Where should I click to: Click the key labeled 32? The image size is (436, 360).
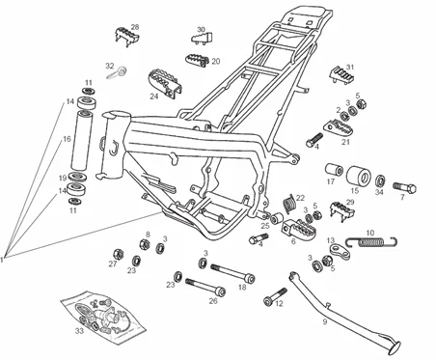click(x=117, y=72)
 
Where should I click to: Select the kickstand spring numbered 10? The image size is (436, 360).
click(x=371, y=241)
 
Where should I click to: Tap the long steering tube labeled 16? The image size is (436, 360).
click(x=81, y=140)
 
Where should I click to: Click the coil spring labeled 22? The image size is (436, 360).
click(x=289, y=204)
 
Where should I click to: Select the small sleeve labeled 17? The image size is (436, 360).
click(x=334, y=170)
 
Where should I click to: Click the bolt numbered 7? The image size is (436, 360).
click(x=404, y=187)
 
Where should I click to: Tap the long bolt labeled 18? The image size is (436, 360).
click(x=232, y=272)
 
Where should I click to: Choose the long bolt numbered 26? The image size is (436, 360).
click(x=205, y=287)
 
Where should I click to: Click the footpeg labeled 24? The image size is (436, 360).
click(x=165, y=83)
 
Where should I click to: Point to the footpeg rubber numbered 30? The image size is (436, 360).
click(x=203, y=38)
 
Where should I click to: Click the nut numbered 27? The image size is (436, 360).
click(x=119, y=254)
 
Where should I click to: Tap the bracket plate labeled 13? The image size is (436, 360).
click(x=340, y=252)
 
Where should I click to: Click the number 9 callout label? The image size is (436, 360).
click(x=325, y=321)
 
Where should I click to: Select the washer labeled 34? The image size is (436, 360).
click(x=380, y=180)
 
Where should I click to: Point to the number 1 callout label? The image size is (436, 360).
click(x=2, y=260)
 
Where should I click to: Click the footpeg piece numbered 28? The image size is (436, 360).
click(x=127, y=37)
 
